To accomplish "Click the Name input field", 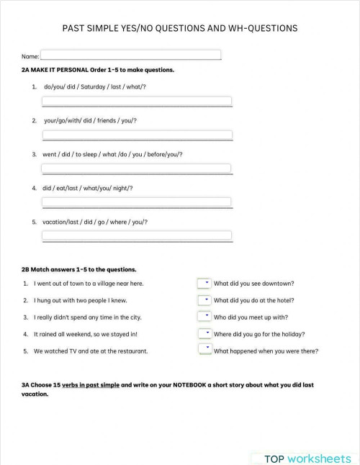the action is click(131, 55).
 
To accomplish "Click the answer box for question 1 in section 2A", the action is click(137, 101).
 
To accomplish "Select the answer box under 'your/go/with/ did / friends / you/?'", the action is click(137, 135).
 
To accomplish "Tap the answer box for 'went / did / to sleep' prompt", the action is click(137, 168).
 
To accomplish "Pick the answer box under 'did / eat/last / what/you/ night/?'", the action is click(137, 202).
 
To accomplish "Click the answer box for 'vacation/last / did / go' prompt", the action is click(137, 235).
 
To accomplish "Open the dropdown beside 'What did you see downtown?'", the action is click(204, 283).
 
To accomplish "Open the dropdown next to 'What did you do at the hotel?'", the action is click(204, 299).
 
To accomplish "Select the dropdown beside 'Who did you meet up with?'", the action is click(204, 316).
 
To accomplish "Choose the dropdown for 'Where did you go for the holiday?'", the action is click(204, 333).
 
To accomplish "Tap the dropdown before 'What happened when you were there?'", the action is click(204, 349).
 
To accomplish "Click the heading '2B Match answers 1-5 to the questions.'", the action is click(79, 269).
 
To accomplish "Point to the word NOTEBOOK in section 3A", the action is click(189, 385).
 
